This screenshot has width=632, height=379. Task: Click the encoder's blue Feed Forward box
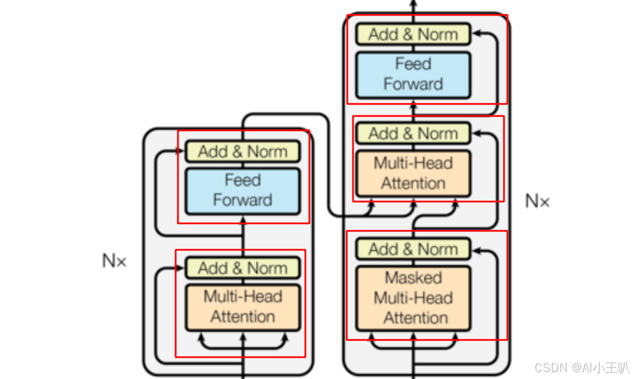[x=242, y=191]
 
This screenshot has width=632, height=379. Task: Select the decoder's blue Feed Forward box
[x=413, y=74]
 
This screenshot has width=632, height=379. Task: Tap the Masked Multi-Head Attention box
[x=413, y=297]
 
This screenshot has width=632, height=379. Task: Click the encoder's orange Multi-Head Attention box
[x=242, y=307]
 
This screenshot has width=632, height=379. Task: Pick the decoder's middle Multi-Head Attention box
[x=413, y=173]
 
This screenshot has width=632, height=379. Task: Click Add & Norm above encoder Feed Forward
[x=242, y=152]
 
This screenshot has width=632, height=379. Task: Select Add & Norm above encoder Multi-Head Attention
[x=242, y=268]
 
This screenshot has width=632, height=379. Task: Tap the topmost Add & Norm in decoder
[x=413, y=34]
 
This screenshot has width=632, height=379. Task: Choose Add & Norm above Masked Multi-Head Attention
[x=413, y=249]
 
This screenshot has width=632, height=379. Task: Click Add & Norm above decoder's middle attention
[x=413, y=134]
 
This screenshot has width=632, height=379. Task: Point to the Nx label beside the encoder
[x=114, y=261]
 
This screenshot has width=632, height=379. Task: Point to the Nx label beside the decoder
[x=537, y=201]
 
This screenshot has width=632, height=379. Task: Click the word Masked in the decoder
[x=413, y=278]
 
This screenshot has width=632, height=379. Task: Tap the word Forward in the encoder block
[x=242, y=200]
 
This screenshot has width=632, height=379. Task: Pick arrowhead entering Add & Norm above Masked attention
[x=476, y=250]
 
